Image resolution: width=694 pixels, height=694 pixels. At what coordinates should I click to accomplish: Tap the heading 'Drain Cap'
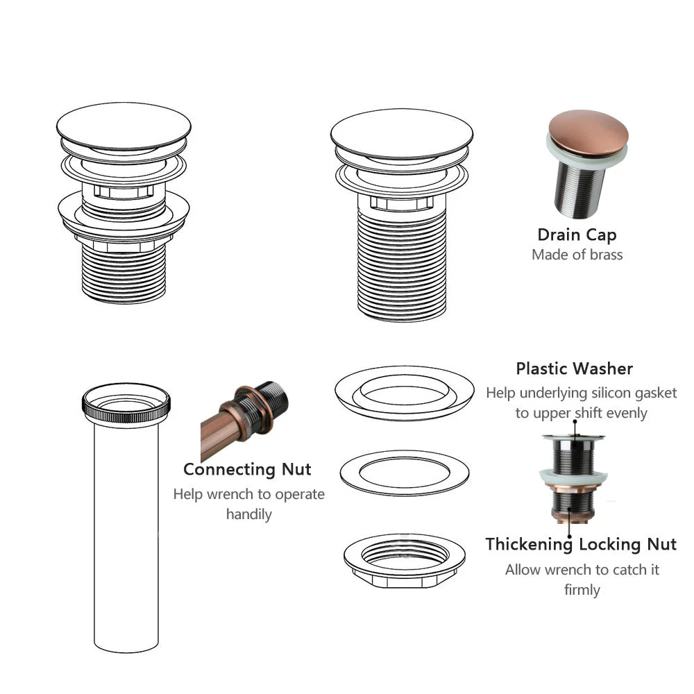click(x=577, y=235)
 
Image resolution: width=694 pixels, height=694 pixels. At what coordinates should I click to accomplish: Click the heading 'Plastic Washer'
click(x=574, y=369)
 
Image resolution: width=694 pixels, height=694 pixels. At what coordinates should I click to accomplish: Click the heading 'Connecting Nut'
click(x=247, y=470)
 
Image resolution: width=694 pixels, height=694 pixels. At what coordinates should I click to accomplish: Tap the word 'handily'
click(x=248, y=514)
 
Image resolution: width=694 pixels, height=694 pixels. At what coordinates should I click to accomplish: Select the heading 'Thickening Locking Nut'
click(x=581, y=544)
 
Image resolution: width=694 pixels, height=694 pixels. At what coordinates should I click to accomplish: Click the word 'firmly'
click(x=582, y=590)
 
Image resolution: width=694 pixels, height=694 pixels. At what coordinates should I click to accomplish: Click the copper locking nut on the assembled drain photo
click(x=573, y=489)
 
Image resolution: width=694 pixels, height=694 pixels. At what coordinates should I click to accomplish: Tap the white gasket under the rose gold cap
click(x=584, y=153)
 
